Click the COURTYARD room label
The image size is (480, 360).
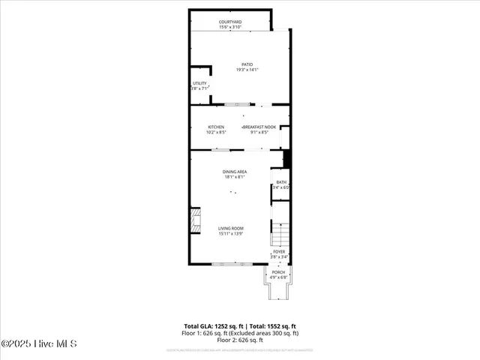pyautogui.click(x=230, y=22)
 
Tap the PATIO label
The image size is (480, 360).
pyautogui.click(x=247, y=64)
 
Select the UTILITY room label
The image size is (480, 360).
pyautogui.click(x=199, y=83)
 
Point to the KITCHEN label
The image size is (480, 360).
pyautogui.click(x=217, y=127)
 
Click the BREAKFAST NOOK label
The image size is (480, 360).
pyautogui.click(x=259, y=127)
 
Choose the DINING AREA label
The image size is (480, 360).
pyautogui.click(x=235, y=172)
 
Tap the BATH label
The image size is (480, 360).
pyautogui.click(x=281, y=182)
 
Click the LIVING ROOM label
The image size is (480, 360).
pyautogui.click(x=231, y=229)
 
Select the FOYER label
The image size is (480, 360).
pyautogui.click(x=279, y=252)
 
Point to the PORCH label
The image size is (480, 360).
pyautogui.click(x=279, y=271)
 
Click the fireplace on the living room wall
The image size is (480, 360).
pyautogui.click(x=194, y=223)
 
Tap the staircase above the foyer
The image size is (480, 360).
pyautogui.click(x=279, y=234)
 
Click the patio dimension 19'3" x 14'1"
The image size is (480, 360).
pyautogui.click(x=247, y=70)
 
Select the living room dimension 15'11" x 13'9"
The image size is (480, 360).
pyautogui.click(x=231, y=234)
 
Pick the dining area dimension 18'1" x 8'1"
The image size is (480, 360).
pyautogui.click(x=235, y=177)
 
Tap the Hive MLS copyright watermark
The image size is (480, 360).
pyautogui.click(x=39, y=344)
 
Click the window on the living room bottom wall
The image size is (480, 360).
pyautogui.click(x=228, y=264)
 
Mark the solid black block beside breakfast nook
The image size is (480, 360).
pyautogui.click(x=286, y=159)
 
